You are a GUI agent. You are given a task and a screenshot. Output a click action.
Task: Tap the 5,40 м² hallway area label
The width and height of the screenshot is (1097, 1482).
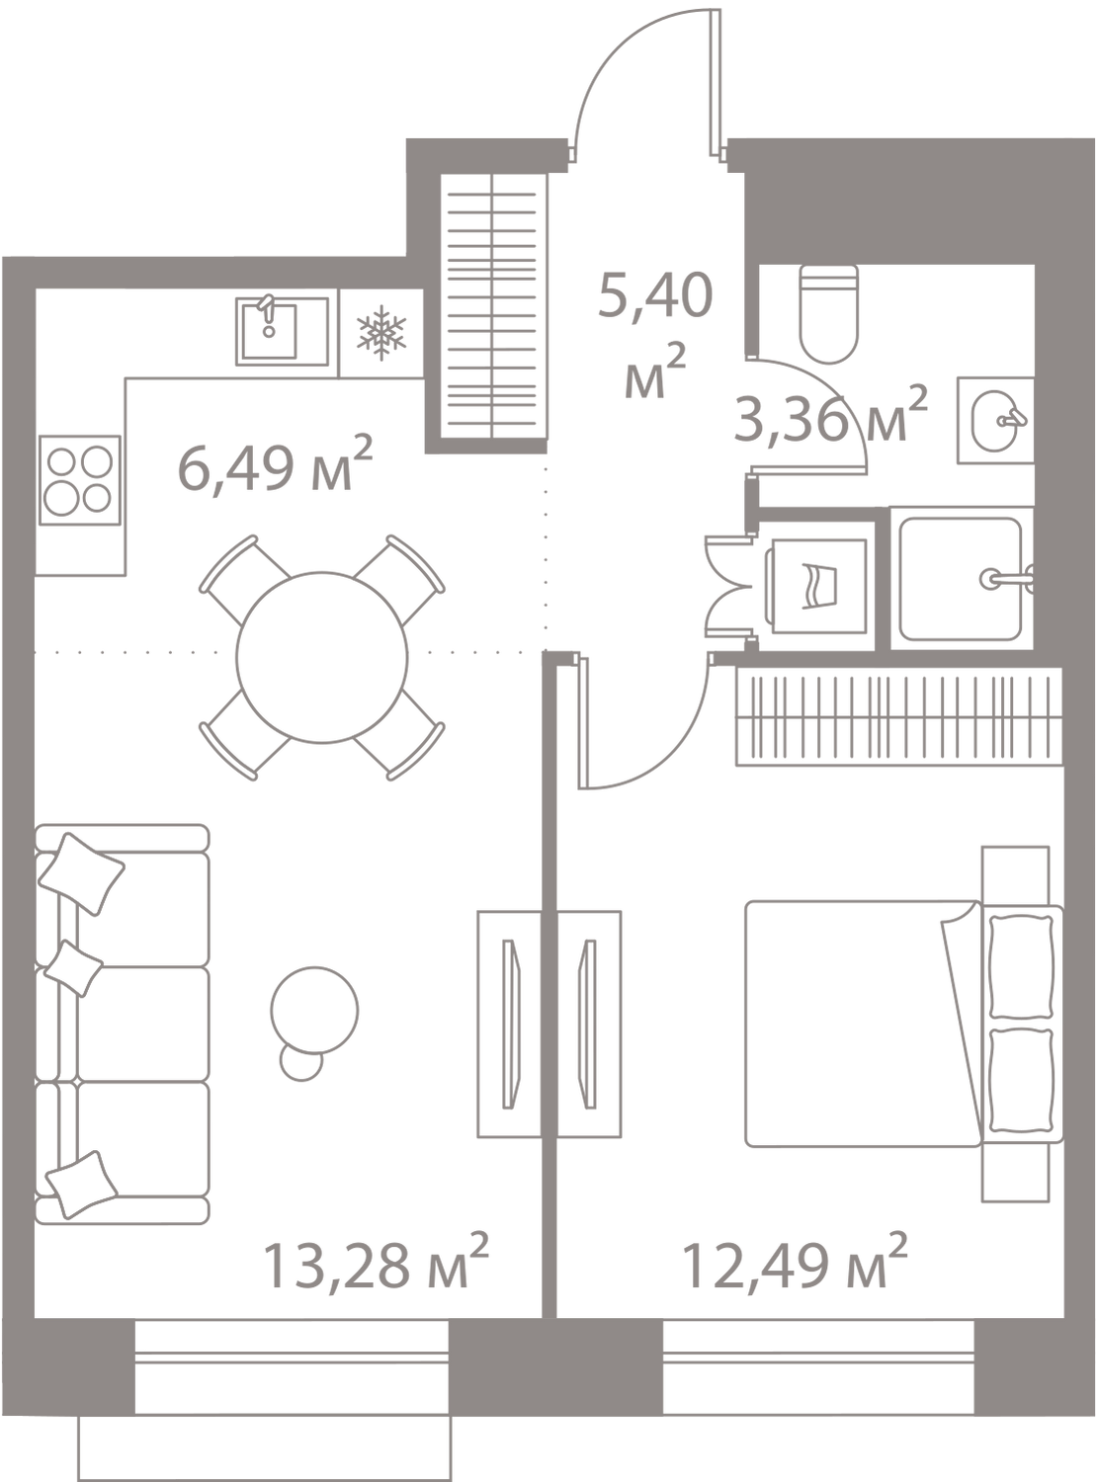coord(654,336)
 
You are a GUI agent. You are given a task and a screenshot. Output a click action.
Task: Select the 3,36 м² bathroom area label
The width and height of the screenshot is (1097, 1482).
coord(830,418)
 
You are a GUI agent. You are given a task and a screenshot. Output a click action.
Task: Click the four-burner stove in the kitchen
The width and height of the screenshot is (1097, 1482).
coord(79,481)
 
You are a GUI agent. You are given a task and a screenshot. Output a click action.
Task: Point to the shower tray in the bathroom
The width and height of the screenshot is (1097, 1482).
coord(962,578)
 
